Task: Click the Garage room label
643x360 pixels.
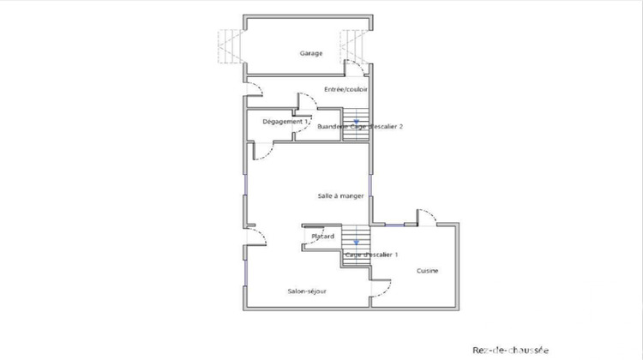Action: click(310, 54)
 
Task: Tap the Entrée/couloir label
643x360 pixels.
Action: click(346, 89)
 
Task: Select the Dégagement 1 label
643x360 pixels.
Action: click(285, 122)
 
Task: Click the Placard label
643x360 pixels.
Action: click(322, 237)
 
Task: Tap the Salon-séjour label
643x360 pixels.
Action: click(306, 291)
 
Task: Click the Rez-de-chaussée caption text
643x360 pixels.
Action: click(510, 350)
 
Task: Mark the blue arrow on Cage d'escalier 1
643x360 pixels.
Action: click(356, 243)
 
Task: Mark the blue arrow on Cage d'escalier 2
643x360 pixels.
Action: click(344, 122)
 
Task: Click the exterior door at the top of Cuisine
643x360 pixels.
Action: click(426, 216)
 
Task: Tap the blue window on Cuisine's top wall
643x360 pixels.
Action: click(396, 225)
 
